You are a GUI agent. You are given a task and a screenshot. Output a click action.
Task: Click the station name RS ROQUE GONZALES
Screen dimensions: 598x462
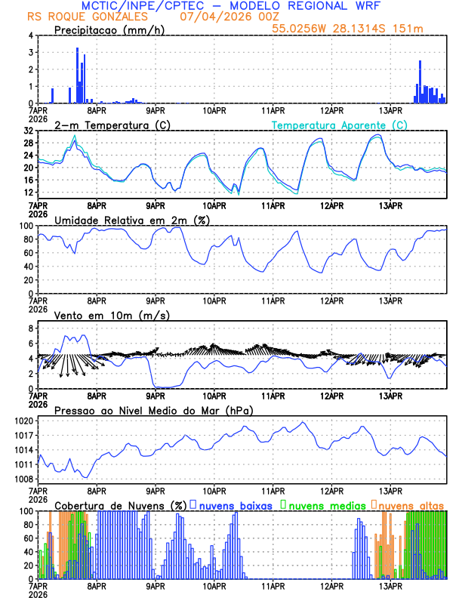click(x=88, y=17)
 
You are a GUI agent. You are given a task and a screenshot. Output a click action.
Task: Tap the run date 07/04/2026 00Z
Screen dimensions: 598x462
click(x=220, y=17)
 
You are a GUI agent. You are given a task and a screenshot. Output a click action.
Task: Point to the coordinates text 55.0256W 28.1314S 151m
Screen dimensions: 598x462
click(x=358, y=28)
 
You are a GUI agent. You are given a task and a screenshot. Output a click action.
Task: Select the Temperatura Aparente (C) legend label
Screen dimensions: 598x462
click(x=340, y=125)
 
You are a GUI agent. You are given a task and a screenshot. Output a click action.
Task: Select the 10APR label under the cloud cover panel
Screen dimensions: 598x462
click(x=214, y=586)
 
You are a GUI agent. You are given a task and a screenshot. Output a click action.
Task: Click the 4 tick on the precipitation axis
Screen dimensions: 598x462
click(x=31, y=35)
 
